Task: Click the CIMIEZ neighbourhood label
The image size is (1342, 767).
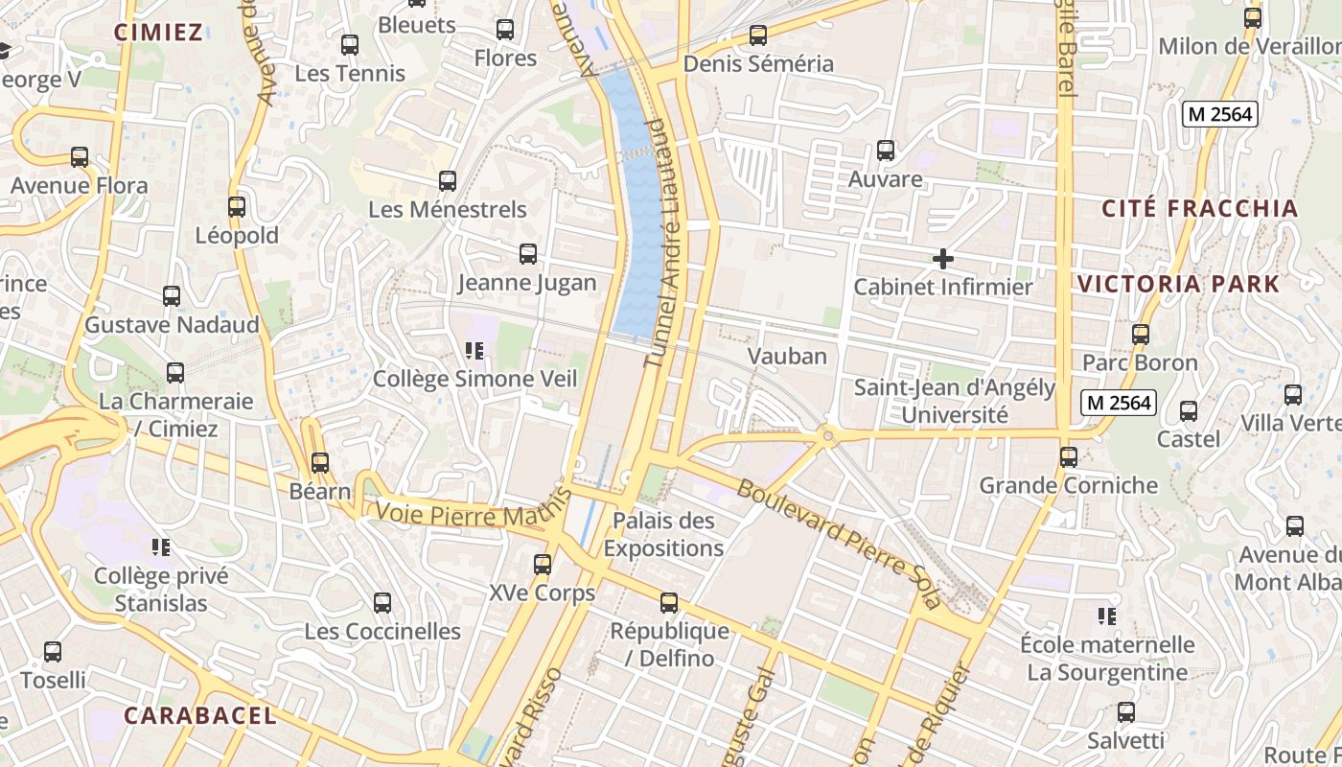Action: pyautogui.click(x=158, y=33)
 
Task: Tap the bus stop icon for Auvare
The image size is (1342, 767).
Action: pyautogui.click(x=886, y=151)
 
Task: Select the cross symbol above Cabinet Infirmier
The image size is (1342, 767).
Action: pyautogui.click(x=943, y=259)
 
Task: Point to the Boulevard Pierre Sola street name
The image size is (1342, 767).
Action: pyautogui.click(x=839, y=543)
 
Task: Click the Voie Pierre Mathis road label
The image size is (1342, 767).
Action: pyautogui.click(x=468, y=516)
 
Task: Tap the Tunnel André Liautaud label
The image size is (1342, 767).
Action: pyautogui.click(x=667, y=244)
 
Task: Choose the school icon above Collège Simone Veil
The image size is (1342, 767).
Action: pyautogui.click(x=474, y=351)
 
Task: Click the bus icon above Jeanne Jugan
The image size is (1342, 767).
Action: pyautogui.click(x=527, y=254)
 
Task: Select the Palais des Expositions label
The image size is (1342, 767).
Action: pyautogui.click(x=663, y=535)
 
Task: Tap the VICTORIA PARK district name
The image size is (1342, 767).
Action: pyautogui.click(x=1178, y=284)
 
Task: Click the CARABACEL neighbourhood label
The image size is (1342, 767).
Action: pyautogui.click(x=200, y=715)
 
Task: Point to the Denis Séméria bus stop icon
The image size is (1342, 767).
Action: pyautogui.click(x=758, y=35)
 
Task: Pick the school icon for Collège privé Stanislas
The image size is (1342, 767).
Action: pyautogui.click(x=161, y=547)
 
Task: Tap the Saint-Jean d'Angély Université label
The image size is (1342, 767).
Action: pyautogui.click(x=954, y=402)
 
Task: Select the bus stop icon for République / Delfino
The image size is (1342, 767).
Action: pyautogui.click(x=669, y=603)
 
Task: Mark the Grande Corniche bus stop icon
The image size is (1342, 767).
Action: pyautogui.click(x=1069, y=457)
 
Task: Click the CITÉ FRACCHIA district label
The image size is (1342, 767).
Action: pyautogui.click(x=1199, y=209)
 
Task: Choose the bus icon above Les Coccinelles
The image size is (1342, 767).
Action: pyautogui.click(x=382, y=603)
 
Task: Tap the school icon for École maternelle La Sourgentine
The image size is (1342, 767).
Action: pyautogui.click(x=1107, y=616)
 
